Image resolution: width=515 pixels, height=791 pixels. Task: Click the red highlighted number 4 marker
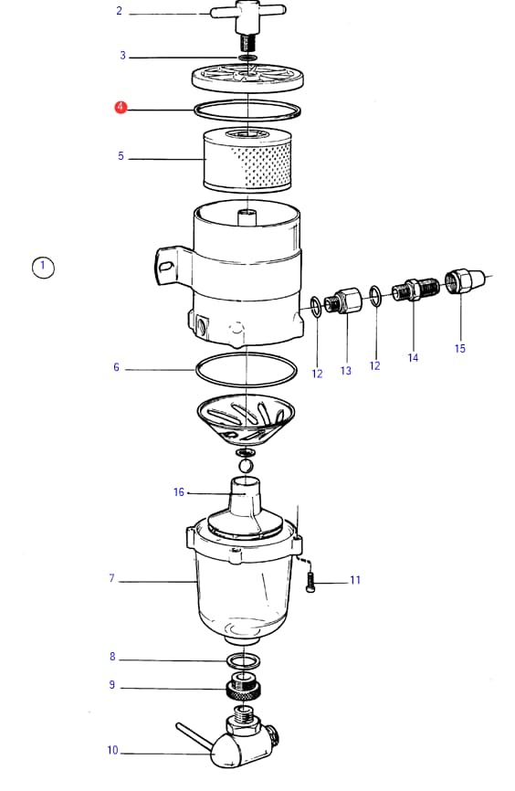click(x=121, y=108)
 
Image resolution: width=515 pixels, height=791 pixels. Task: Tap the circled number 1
click(x=43, y=267)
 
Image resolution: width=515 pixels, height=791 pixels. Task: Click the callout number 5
click(x=121, y=156)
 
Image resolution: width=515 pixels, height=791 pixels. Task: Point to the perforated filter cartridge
click(x=247, y=160)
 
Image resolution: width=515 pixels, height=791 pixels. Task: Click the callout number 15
click(x=459, y=349)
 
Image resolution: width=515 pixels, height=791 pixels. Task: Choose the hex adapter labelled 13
click(x=343, y=301)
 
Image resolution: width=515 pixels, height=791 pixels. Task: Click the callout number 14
click(x=413, y=358)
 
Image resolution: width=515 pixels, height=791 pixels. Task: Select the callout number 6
click(x=117, y=367)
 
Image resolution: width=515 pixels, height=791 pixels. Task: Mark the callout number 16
click(x=179, y=491)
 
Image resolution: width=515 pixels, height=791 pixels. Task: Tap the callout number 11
click(x=355, y=580)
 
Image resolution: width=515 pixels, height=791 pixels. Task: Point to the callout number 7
click(x=111, y=578)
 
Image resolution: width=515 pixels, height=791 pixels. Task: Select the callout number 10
click(x=112, y=750)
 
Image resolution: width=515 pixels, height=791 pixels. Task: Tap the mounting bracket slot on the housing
click(x=164, y=265)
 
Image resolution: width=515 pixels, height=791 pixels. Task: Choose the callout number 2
click(x=119, y=11)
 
